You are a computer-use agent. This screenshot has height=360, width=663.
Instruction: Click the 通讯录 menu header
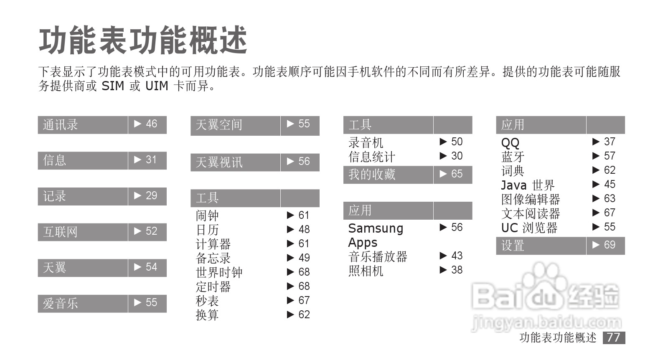[61, 125]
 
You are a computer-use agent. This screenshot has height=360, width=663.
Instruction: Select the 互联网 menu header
[61, 232]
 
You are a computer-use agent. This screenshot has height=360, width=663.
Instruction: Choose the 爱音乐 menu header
[61, 303]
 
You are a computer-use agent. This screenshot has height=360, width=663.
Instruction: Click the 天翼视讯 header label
[219, 162]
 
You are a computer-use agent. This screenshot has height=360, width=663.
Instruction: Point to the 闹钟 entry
[208, 215]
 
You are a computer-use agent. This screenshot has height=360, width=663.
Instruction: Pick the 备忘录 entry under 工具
[213, 258]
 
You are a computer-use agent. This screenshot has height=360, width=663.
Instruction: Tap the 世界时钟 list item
[219, 272]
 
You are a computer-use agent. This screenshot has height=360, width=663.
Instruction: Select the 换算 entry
[208, 315]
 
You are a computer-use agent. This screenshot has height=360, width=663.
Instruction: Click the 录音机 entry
[366, 142]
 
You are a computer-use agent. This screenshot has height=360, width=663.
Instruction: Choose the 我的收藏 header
[372, 175]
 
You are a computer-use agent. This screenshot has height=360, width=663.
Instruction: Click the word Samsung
[376, 228]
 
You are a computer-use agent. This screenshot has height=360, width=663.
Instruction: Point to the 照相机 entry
[366, 271]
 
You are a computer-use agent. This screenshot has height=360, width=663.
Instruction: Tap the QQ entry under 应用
[510, 143]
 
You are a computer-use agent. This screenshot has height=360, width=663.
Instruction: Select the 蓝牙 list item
[513, 157]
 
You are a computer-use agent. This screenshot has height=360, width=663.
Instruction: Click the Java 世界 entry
[528, 185]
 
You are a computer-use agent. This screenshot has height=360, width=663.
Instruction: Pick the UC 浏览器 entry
[529, 228]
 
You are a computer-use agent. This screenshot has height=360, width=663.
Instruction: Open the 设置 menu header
[513, 246]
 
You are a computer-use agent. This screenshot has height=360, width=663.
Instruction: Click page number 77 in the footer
[614, 337]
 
